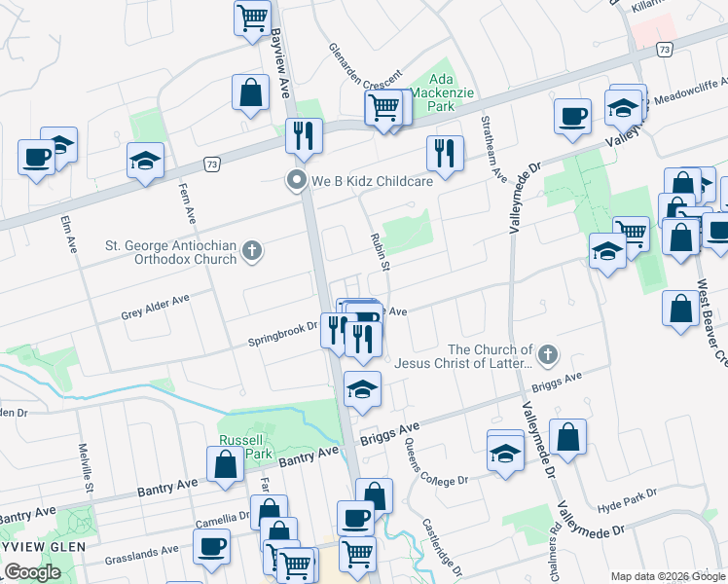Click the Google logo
tap(32, 571)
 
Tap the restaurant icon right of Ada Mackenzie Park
tap(444, 153)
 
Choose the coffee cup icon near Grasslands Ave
tap(210, 548)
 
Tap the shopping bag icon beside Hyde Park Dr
tap(567, 438)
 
